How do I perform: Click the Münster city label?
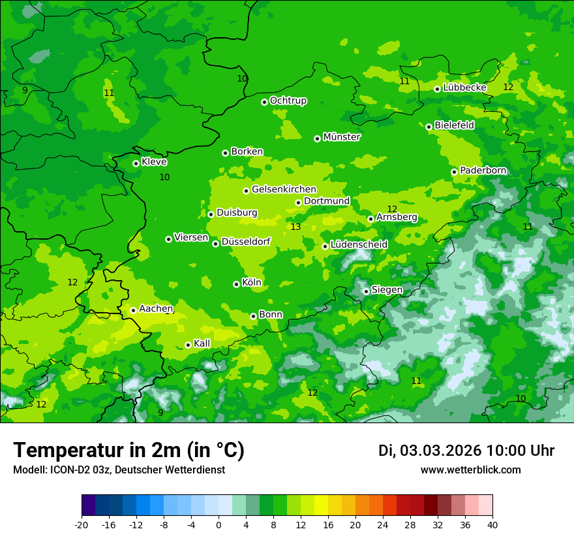(x=342, y=137)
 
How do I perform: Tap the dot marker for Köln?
(x=237, y=284)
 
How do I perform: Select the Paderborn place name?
(x=483, y=170)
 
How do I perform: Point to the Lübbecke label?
(x=464, y=88)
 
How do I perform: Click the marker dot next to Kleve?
(x=136, y=163)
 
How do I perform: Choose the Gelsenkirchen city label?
(x=284, y=189)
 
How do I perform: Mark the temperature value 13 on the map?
(x=295, y=227)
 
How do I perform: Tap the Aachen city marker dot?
(x=133, y=310)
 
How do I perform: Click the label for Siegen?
(x=387, y=290)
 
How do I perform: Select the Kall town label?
(x=202, y=343)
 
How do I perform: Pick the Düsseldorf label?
(x=246, y=242)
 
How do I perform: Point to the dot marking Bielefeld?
(x=429, y=127)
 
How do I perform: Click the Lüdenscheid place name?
(x=359, y=245)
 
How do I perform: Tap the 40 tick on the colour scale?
(x=492, y=524)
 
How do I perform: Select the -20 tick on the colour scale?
(x=82, y=524)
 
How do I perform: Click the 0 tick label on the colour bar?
(x=219, y=524)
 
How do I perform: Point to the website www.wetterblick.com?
(x=470, y=470)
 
